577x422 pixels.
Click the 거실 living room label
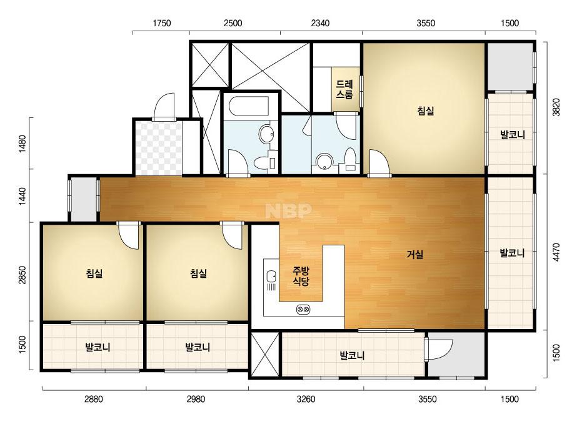414,254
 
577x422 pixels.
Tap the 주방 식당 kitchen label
301,277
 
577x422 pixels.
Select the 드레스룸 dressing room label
345,89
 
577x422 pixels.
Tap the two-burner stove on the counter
303,310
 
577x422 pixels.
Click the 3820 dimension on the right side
556,107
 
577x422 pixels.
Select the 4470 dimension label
556,252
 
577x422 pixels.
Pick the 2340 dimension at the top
320,23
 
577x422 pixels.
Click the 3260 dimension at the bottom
306,399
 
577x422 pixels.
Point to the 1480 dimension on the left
22,144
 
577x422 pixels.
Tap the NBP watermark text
289,210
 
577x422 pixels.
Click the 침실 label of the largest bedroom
426,110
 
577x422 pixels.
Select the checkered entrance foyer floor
159,148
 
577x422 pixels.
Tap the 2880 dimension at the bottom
94,399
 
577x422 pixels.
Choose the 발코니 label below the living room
352,355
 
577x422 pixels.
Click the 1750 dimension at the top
161,23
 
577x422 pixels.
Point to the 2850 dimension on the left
22,275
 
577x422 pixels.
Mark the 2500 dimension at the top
233,23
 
